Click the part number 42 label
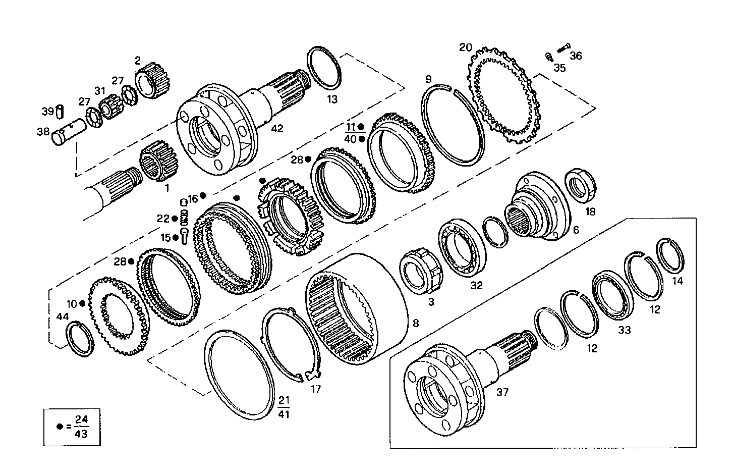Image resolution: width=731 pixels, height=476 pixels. (x=277, y=129)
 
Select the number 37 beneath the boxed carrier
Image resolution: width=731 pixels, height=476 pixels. (x=503, y=392)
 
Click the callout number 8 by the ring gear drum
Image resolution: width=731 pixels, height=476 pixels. (x=416, y=323)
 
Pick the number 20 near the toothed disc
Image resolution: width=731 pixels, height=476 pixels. (x=465, y=47)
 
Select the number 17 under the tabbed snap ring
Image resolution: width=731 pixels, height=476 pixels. (x=316, y=389)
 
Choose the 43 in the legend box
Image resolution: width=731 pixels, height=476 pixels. (x=81, y=434)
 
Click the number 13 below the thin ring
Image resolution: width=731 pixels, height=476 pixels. (x=331, y=99)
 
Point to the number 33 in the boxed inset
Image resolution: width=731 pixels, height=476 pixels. (x=624, y=330)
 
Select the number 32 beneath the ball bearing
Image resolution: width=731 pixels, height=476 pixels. (x=476, y=285)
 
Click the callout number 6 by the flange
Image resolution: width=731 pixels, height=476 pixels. (x=576, y=230)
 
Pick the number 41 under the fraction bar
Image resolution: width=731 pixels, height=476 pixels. (x=284, y=414)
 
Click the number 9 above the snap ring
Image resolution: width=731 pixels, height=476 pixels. (x=428, y=79)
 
